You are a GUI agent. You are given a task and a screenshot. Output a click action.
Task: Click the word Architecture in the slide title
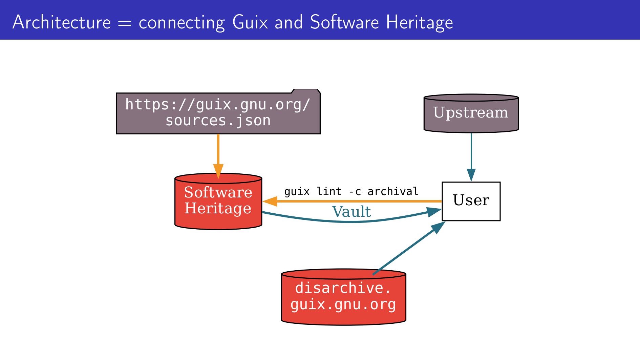(61, 22)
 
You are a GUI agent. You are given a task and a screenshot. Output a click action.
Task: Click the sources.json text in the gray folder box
(218, 121)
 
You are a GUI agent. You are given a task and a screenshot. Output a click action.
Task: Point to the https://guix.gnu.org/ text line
(218, 104)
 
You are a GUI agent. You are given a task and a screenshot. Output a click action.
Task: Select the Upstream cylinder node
(471, 113)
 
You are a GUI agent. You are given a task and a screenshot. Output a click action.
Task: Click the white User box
(471, 201)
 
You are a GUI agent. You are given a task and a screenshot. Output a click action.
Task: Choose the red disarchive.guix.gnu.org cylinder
(343, 297)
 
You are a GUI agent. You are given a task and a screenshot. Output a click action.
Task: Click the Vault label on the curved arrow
(351, 212)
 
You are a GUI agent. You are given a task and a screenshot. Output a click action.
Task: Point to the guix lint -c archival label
(351, 192)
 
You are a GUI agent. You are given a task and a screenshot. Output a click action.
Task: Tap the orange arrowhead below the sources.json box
(218, 170)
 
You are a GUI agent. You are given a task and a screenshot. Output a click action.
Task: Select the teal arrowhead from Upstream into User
(471, 175)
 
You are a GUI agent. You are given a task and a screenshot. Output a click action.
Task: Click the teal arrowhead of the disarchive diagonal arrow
(438, 228)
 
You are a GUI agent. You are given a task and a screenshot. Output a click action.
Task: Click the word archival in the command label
(393, 192)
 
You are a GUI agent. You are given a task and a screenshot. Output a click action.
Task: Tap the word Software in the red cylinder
(218, 192)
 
